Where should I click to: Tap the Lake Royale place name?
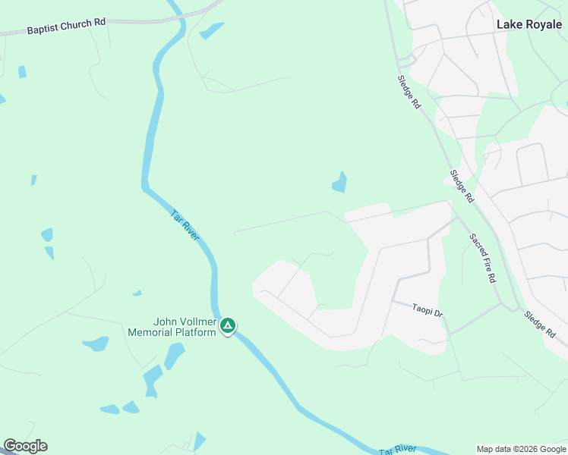529,24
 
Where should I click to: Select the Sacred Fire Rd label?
482,258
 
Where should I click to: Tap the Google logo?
25,446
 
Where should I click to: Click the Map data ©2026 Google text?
521,449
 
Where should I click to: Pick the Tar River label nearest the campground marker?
185,225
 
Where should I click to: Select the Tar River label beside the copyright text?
399,450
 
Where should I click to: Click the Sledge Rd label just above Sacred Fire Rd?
462,186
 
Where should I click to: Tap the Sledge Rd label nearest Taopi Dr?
541,324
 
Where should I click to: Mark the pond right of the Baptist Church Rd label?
211,31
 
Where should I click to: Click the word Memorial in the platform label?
151,333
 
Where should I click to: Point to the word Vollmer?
197,322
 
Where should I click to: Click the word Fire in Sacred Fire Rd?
484,259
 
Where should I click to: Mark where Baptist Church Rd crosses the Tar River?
177,14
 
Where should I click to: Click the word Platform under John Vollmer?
197,333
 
